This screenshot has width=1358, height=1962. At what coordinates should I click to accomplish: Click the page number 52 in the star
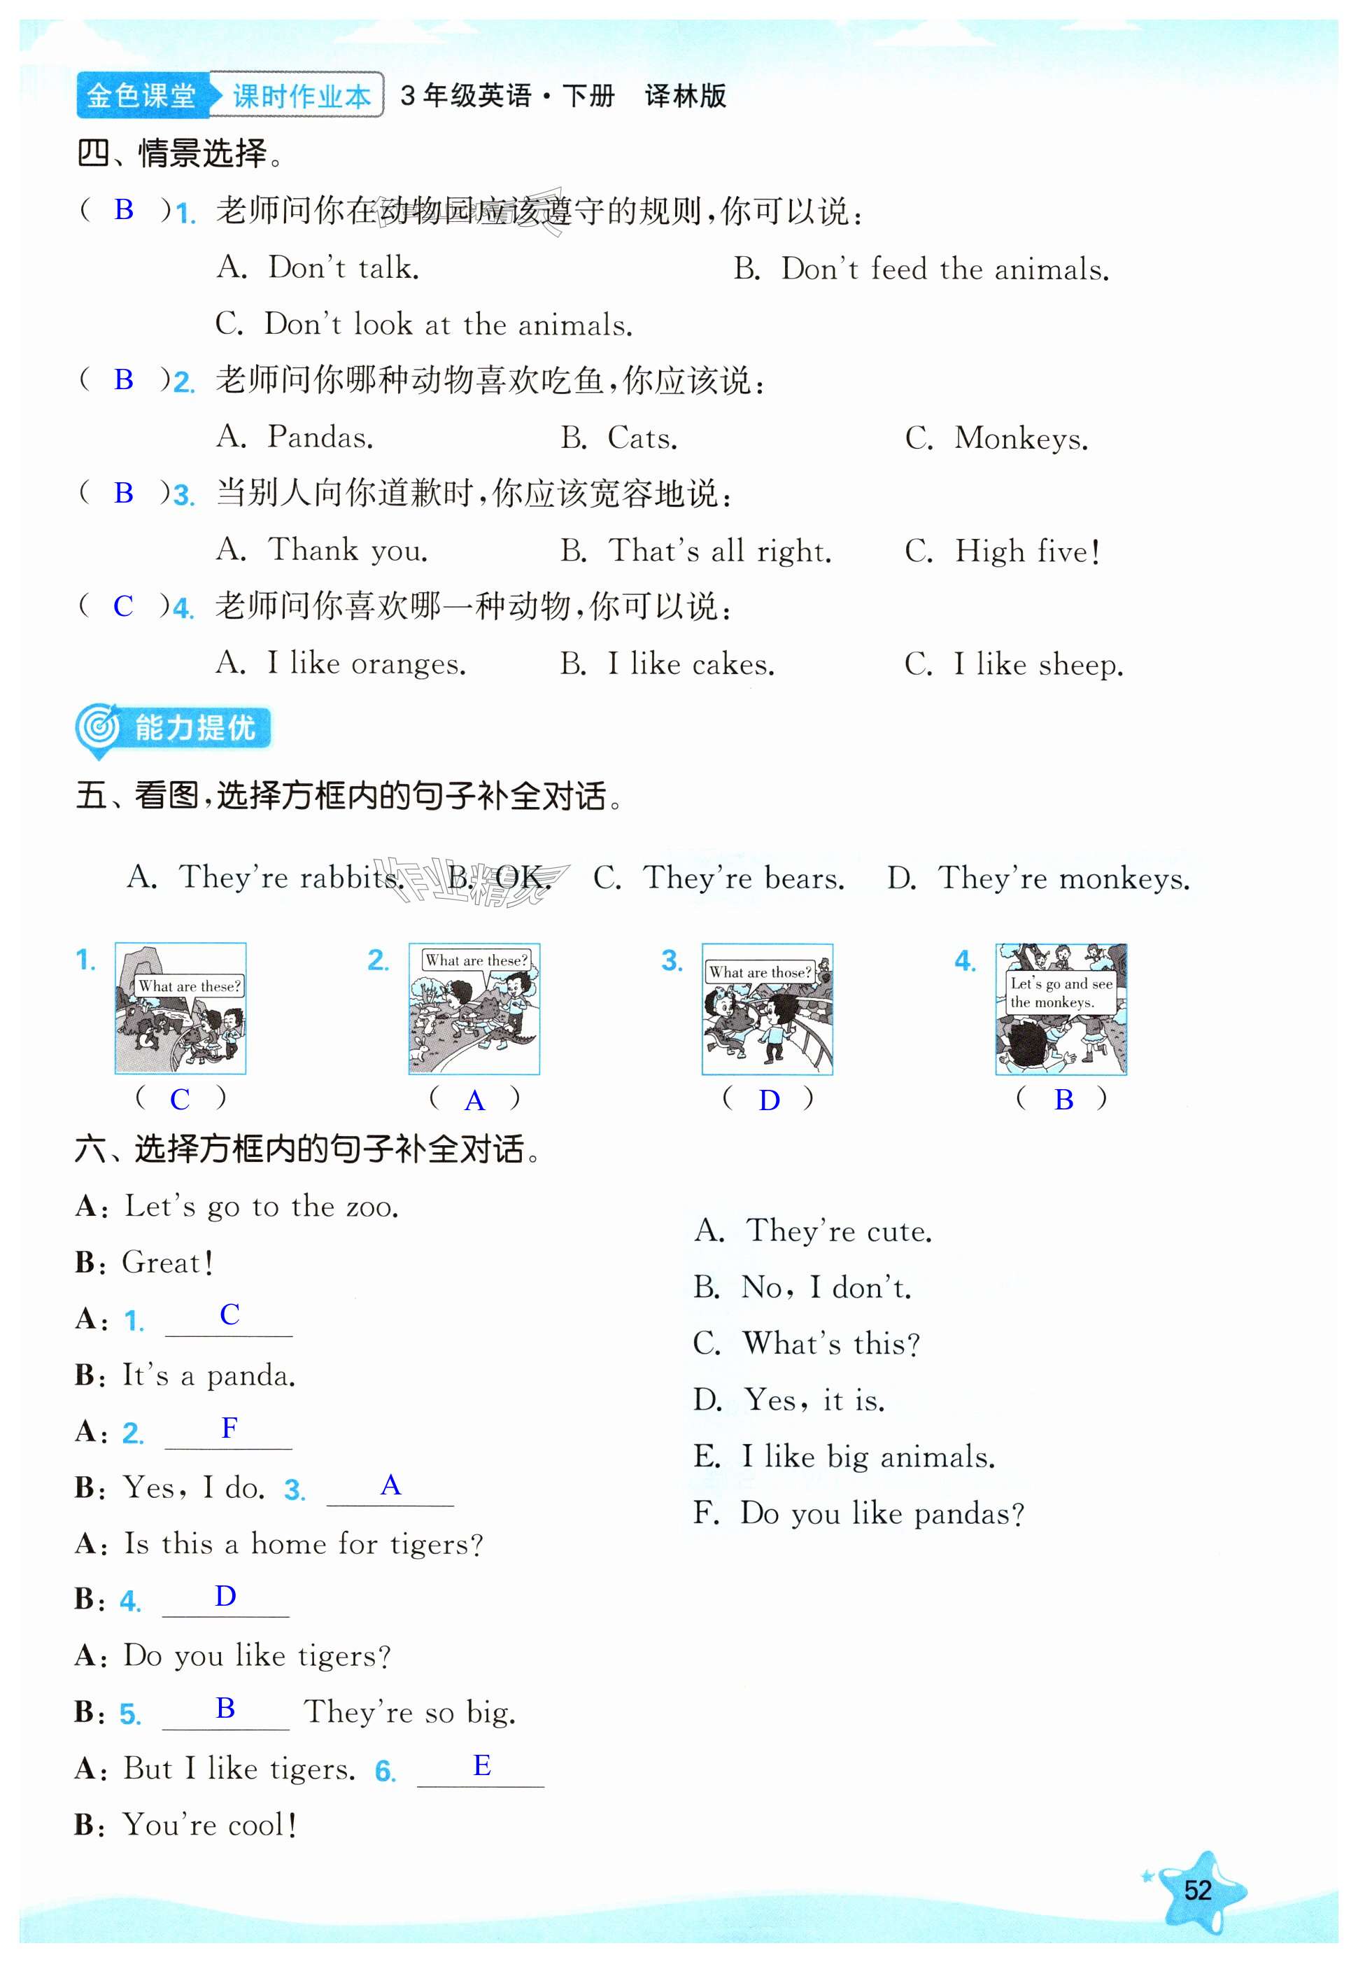pos(1197,1890)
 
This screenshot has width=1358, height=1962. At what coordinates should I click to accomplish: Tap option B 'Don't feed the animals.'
pos(921,269)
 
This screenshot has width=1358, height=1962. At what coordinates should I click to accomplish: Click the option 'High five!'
pos(1004,551)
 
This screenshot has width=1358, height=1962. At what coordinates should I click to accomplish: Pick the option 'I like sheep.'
pos(1014,664)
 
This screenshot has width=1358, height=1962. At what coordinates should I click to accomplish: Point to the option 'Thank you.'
pos(323,550)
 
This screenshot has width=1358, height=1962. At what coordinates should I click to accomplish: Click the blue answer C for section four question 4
pos(123,606)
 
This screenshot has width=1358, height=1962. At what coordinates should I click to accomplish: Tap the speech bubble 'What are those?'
pos(760,972)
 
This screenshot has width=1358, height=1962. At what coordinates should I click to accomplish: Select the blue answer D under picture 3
pos(769,1100)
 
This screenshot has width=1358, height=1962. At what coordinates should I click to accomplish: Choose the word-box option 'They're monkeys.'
pos(1038,878)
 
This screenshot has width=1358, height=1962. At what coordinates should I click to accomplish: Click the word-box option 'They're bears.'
pos(719,878)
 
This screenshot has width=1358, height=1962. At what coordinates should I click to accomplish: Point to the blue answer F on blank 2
pos(229,1429)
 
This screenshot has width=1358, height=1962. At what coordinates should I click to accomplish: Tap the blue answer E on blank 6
pos(481,1765)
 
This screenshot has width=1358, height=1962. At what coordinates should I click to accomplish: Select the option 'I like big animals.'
pos(845,1457)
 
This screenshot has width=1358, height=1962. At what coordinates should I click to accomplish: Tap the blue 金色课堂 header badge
pos(141,95)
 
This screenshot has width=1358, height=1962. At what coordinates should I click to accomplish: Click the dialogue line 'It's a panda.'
pos(208,1375)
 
